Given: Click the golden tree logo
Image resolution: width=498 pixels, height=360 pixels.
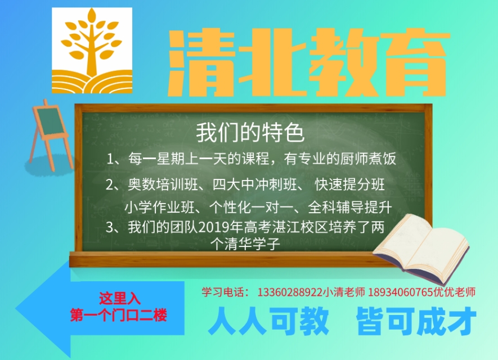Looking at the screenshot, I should coord(92,50).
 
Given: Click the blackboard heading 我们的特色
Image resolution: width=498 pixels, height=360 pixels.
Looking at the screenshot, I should coord(250,133).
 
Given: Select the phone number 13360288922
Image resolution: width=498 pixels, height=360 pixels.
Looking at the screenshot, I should coord(290,292).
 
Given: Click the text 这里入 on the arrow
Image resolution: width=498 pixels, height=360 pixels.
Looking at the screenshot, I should coord(119,298).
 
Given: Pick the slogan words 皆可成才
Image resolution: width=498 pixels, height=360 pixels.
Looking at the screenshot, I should coord(416,322).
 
